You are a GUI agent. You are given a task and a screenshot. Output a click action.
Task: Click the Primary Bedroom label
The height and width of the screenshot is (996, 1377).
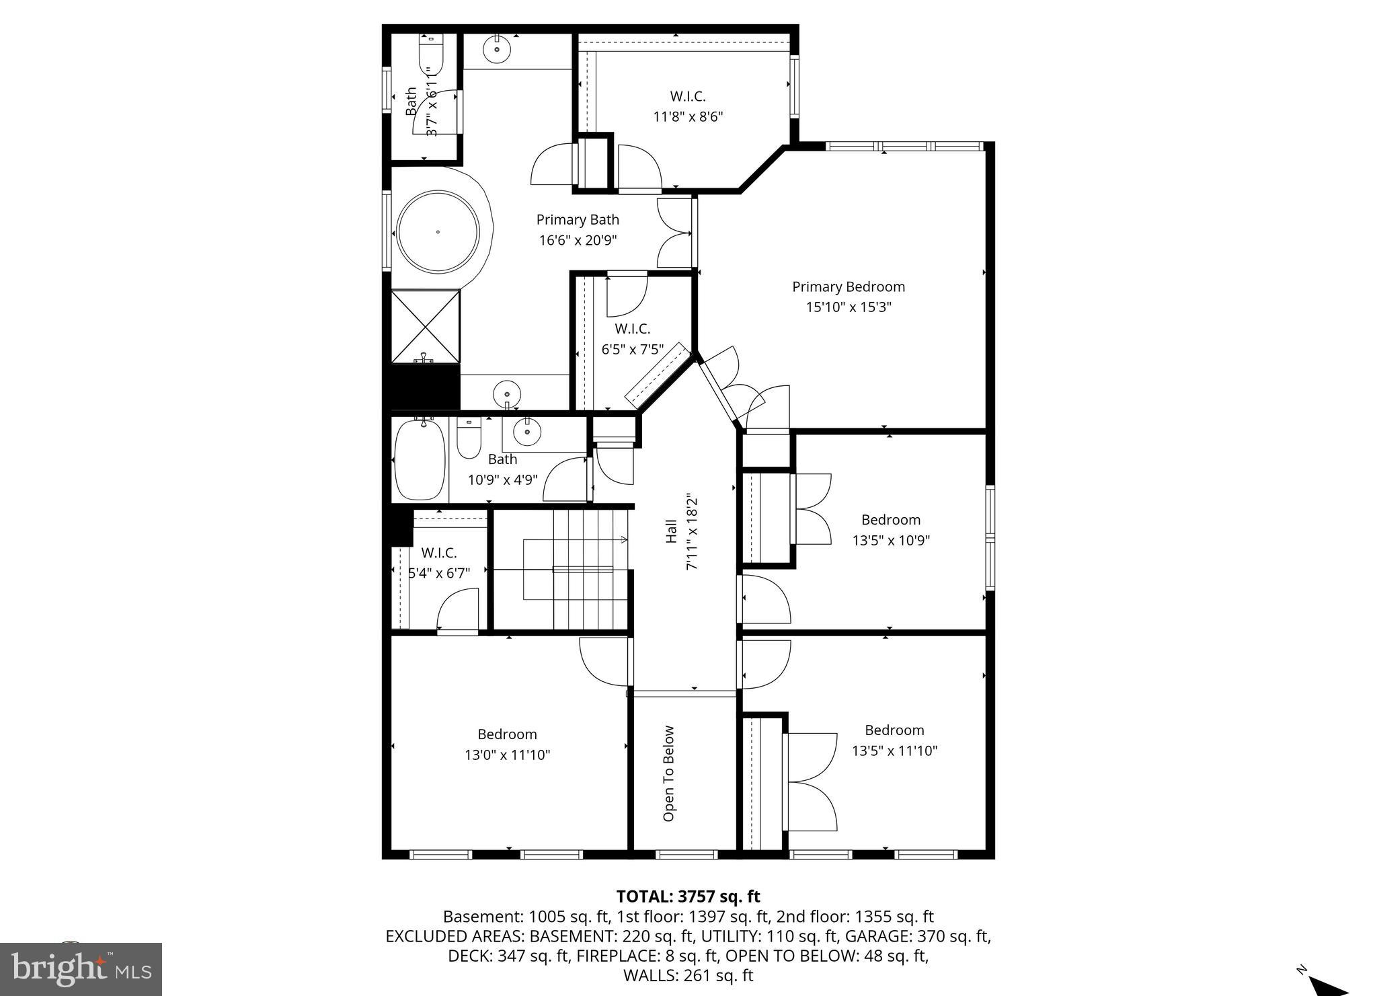(848, 286)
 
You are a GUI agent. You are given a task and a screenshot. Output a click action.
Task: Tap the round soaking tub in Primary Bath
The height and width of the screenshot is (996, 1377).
(438, 232)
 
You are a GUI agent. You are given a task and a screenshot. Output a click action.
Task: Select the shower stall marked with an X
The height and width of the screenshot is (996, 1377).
(426, 326)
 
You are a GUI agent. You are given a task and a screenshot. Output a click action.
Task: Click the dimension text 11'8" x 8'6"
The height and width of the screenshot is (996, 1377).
(688, 116)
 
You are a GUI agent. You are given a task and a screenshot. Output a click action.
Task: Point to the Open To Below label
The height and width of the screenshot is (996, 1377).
(668, 773)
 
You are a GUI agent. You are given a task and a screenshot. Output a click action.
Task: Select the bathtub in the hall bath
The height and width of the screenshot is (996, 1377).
(420, 459)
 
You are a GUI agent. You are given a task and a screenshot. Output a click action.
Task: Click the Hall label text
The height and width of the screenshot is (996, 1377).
(671, 531)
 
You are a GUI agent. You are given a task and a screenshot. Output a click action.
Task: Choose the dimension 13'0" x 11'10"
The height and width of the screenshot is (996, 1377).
(507, 755)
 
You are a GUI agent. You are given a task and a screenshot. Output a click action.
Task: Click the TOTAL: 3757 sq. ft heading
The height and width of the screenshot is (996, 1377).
(688, 896)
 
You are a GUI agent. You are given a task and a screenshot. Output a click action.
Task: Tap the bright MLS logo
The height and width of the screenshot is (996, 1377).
(81, 969)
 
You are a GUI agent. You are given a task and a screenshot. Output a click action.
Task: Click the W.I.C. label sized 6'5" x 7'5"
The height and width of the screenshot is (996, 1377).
(632, 329)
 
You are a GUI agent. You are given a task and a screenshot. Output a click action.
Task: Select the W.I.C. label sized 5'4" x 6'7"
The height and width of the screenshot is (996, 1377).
(439, 553)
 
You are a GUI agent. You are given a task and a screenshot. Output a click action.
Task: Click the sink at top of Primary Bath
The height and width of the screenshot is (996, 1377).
(497, 50)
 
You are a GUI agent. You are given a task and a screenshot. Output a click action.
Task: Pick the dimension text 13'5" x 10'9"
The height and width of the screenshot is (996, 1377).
(891, 540)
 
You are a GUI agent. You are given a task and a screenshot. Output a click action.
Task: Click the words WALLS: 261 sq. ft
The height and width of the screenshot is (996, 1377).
(688, 975)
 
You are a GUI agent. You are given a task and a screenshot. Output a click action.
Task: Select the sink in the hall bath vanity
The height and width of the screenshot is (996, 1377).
(527, 432)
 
